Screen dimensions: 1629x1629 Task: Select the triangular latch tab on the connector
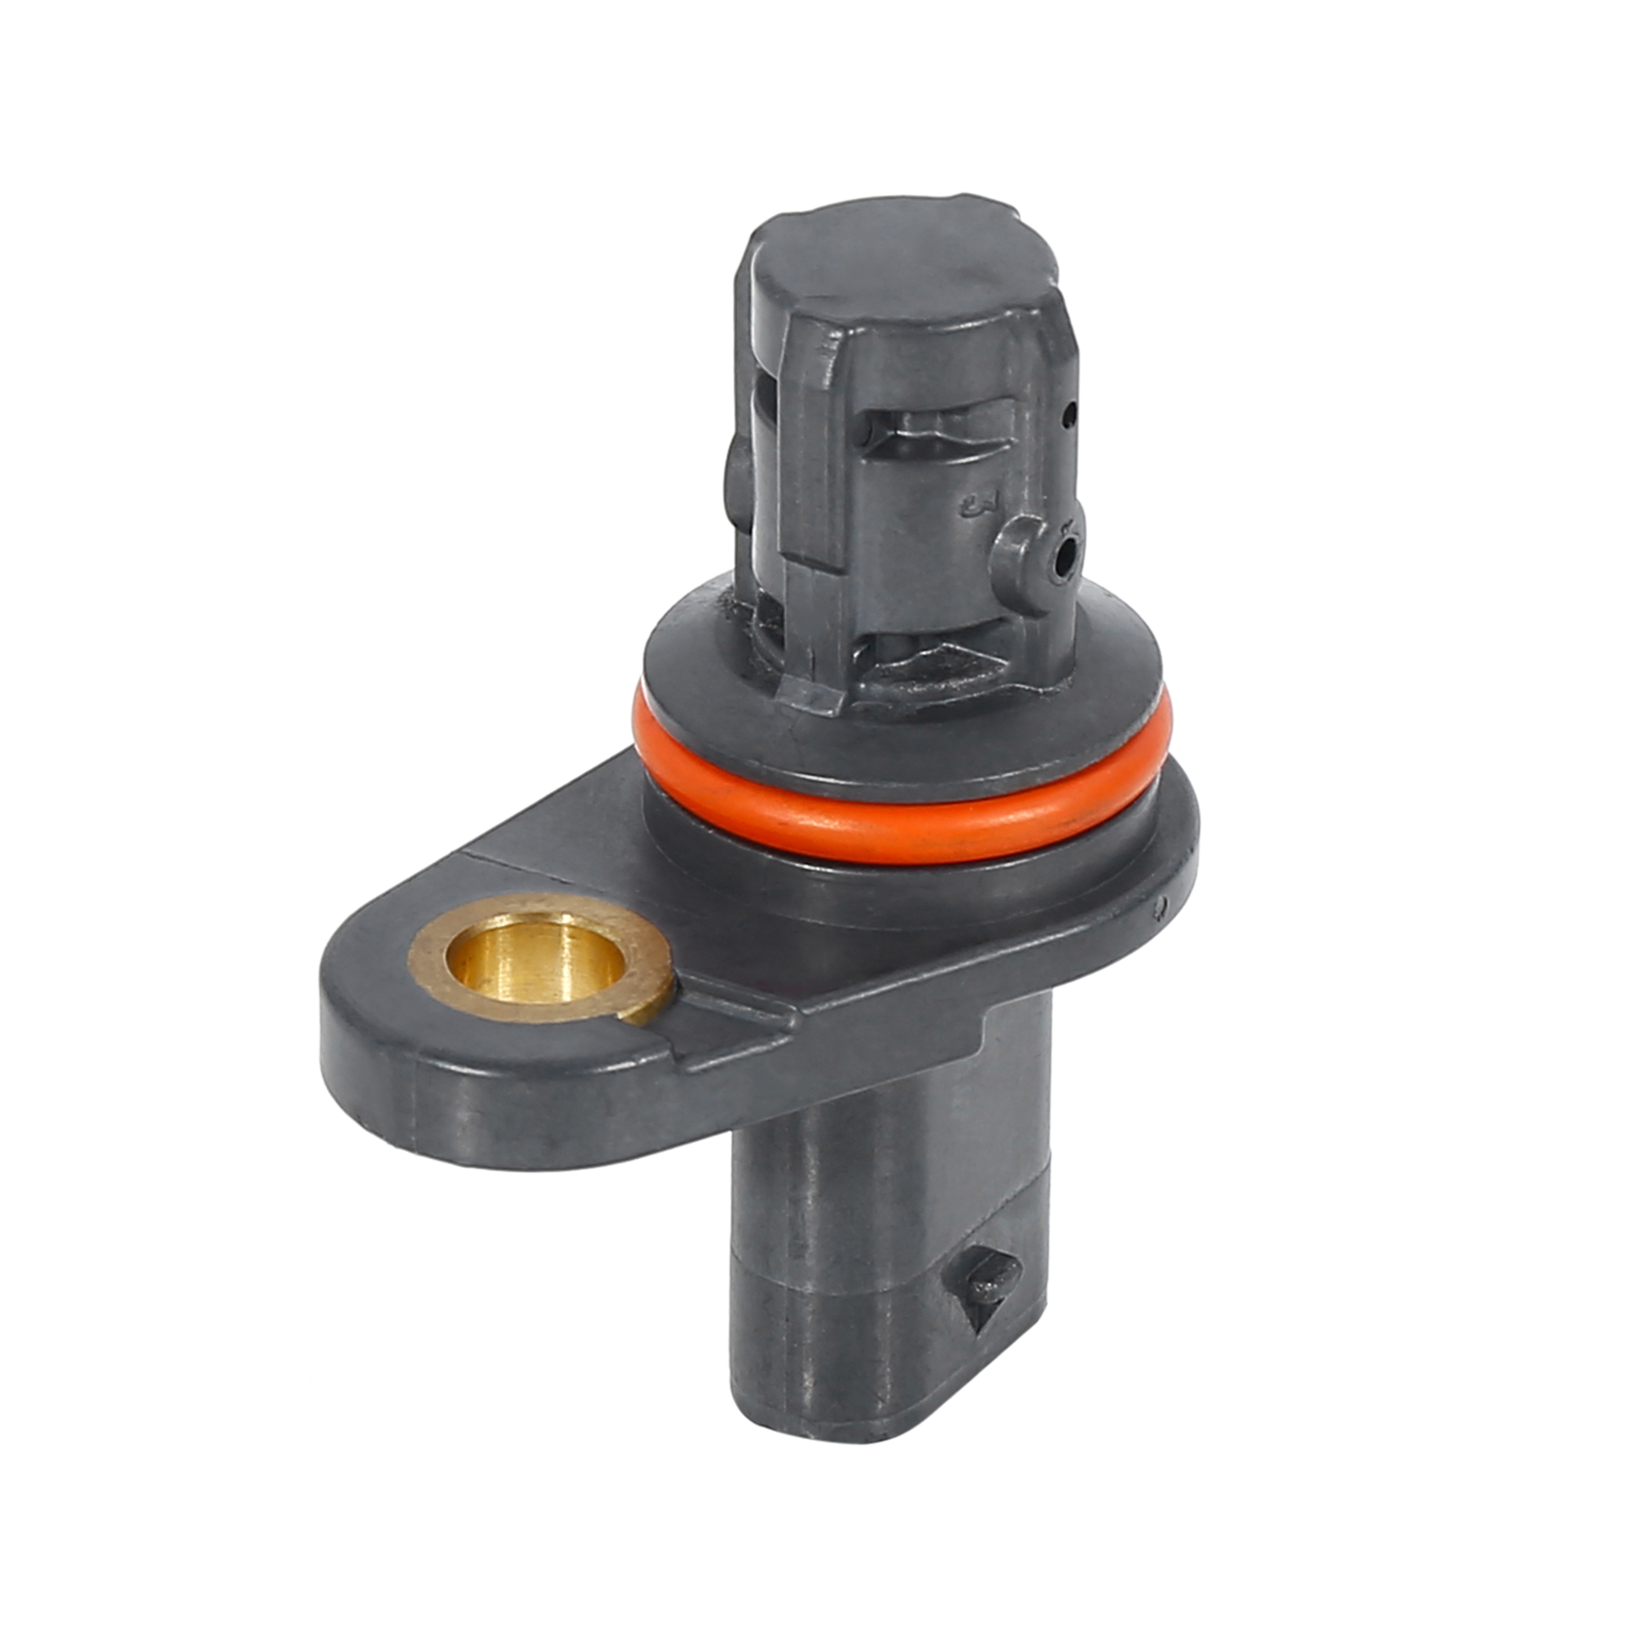coord(991,1285)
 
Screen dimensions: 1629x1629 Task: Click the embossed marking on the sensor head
coord(978,506)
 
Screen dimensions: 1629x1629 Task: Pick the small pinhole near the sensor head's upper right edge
coord(1070,413)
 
